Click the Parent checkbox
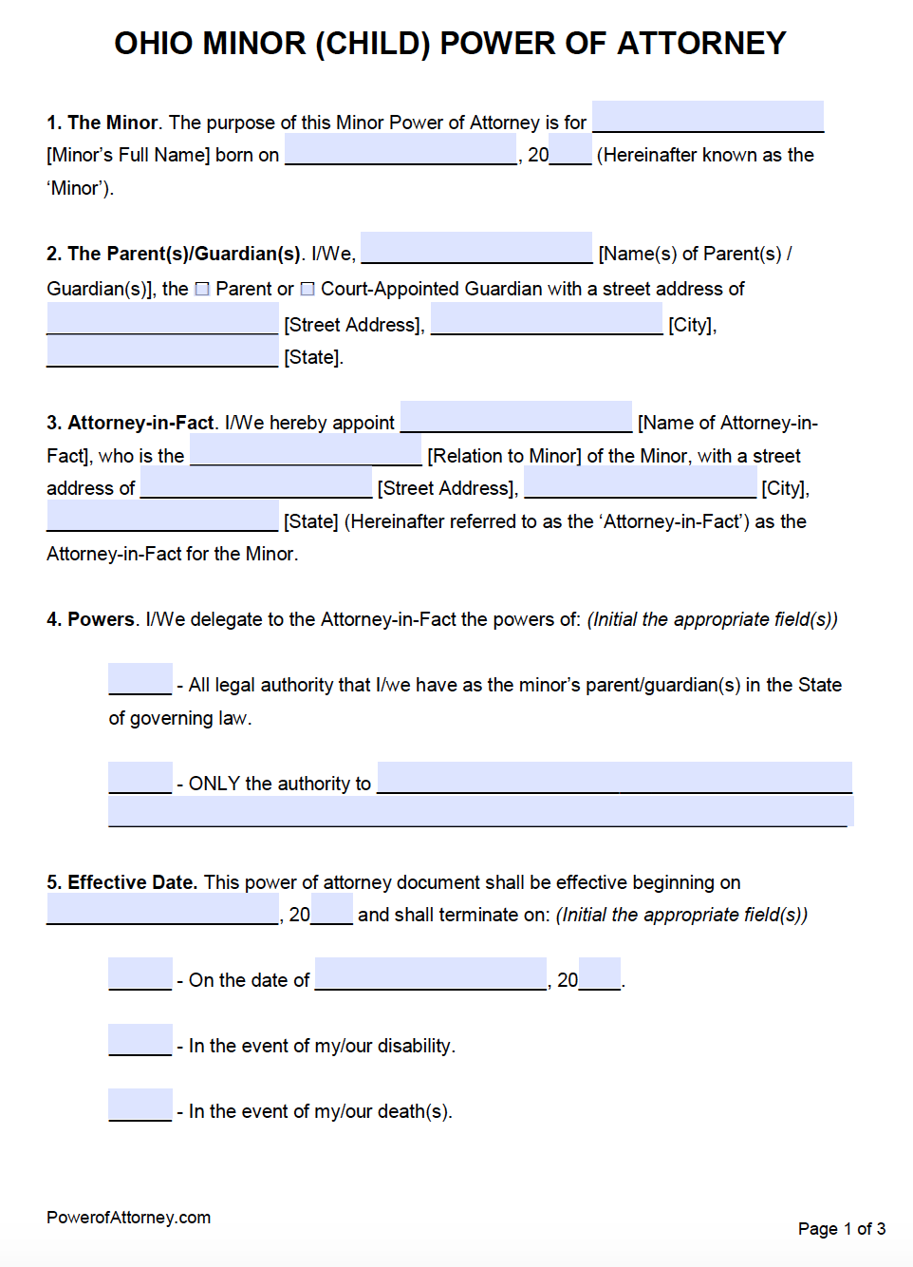(x=202, y=289)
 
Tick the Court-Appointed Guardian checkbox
(x=307, y=289)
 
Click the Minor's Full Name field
(x=707, y=118)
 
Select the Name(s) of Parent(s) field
(x=476, y=249)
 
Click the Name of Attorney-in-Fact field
(x=516, y=418)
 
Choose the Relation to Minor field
(x=306, y=451)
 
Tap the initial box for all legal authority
(x=140, y=680)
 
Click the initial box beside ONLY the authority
(x=140, y=779)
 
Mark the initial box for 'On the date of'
(x=140, y=975)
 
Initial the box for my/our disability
(x=140, y=1041)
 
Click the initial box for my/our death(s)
(x=140, y=1106)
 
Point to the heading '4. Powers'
(x=91, y=619)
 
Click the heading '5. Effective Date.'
(x=121, y=882)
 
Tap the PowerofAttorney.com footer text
(x=128, y=1218)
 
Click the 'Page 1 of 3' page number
(x=841, y=1229)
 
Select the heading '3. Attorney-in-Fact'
(x=131, y=423)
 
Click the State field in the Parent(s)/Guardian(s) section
(x=162, y=353)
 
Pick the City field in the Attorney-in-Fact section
(x=640, y=484)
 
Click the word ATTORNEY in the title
(x=701, y=44)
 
